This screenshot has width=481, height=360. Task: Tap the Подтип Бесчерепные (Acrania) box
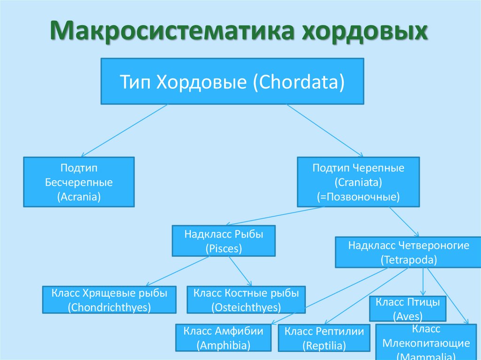coord(79,182)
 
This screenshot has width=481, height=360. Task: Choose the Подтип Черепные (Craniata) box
coord(358,182)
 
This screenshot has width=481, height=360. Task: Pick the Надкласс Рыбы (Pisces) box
coord(224,241)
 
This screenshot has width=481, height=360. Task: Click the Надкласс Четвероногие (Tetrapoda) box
coord(409,252)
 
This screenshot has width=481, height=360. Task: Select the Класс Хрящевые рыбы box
coord(109,300)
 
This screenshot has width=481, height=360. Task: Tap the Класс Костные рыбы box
coord(246,300)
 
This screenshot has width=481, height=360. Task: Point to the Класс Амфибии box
coord(224,337)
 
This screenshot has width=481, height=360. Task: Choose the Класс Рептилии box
coord(324,338)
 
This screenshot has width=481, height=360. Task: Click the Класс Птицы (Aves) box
coord(408,308)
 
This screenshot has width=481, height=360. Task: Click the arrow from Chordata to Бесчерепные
coord(124,130)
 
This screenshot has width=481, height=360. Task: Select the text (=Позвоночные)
coord(358,197)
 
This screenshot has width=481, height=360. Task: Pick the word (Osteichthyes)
coord(246,307)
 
